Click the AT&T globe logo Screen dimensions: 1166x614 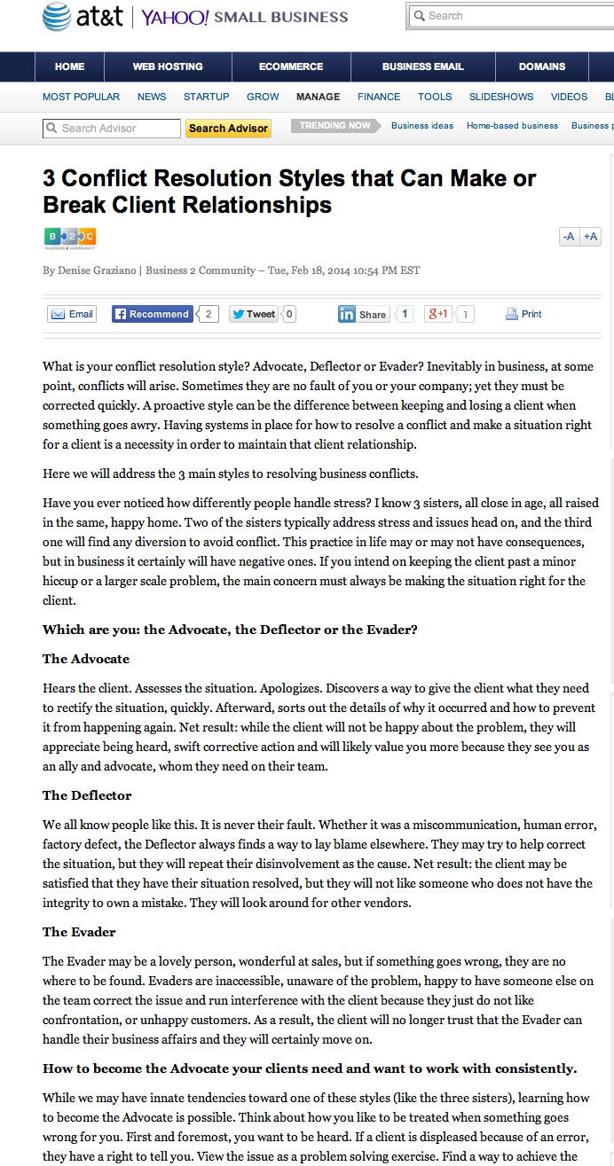[57, 16]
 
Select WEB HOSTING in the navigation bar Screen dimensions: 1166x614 [168, 67]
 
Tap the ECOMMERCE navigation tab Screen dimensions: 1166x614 [291, 67]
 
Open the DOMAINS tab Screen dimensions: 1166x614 [542, 67]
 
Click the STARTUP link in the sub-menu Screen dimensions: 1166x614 [206, 97]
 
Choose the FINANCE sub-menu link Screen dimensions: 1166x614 [379, 97]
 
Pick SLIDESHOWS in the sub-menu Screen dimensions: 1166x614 [501, 97]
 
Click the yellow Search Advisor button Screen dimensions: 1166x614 [228, 129]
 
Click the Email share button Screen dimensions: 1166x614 [72, 314]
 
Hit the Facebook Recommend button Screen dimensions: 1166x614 [152, 314]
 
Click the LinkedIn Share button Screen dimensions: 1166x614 [363, 314]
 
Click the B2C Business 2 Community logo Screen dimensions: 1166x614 [69, 238]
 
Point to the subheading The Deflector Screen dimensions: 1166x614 [87, 795]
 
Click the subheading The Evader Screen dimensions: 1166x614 [79, 932]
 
